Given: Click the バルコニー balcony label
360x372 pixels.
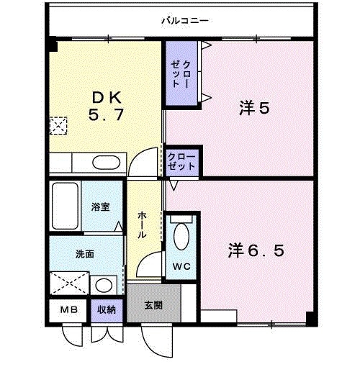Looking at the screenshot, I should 184,21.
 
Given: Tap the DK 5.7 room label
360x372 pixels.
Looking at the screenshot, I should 107,106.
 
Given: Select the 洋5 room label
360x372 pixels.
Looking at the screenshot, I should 253,109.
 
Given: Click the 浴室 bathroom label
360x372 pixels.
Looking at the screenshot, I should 101,207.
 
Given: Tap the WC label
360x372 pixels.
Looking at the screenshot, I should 180,266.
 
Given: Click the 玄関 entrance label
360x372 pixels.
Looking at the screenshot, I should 153,306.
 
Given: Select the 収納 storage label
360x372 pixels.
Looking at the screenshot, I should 107,309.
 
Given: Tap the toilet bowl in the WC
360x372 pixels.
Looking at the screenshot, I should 181,237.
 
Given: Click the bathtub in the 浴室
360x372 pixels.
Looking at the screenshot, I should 66,207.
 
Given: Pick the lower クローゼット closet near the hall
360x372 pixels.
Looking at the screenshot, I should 181,160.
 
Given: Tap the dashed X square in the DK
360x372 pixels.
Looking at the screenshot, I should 57,126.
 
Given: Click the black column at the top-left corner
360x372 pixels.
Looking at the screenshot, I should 53,45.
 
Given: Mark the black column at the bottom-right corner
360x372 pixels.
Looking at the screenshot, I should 310,319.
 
